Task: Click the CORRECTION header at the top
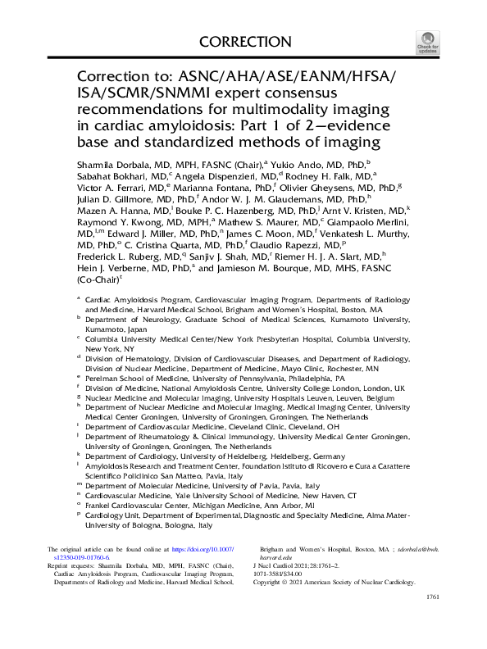tap(244, 42)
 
